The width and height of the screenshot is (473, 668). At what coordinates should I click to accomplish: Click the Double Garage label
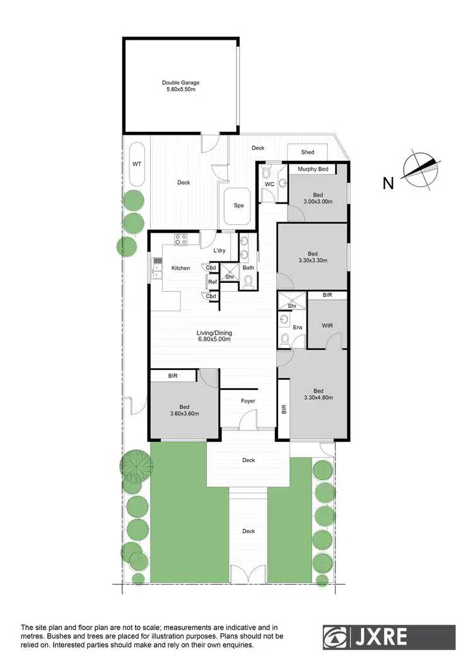[180, 86]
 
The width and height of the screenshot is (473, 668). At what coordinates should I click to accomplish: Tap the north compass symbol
[419, 170]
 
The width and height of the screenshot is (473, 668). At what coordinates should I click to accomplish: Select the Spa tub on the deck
[238, 205]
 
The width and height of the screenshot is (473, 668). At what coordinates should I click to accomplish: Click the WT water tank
[136, 164]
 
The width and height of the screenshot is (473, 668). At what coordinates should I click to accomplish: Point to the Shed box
[308, 153]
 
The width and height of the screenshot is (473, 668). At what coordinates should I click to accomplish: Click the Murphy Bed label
[313, 170]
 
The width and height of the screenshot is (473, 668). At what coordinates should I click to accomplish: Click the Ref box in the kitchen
[212, 282]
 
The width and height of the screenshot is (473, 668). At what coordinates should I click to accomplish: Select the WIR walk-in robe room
[326, 325]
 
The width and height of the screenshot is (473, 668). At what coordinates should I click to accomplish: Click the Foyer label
[248, 401]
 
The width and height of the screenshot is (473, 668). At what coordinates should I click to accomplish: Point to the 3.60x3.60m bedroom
[184, 410]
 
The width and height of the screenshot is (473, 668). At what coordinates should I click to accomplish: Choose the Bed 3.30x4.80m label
[318, 394]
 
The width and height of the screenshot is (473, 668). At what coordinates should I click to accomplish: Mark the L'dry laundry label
[219, 251]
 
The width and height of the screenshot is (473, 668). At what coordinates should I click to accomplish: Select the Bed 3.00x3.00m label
[318, 198]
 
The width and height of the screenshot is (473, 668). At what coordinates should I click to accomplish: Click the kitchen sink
[156, 269]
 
